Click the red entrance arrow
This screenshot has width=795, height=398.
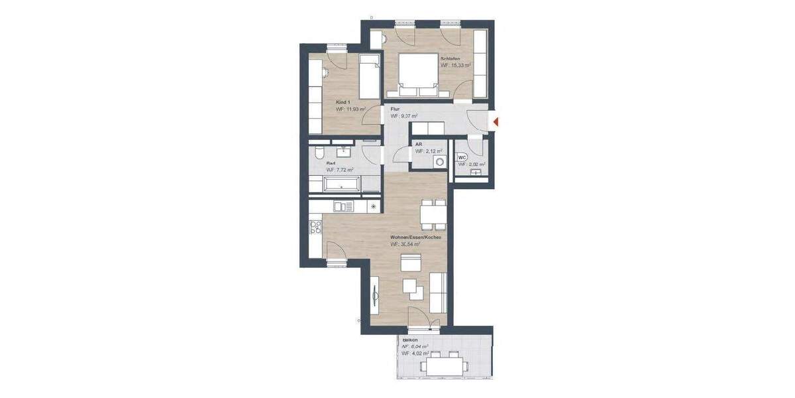click(x=495, y=121)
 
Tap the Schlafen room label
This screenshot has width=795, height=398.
click(x=452, y=59)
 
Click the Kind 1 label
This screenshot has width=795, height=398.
click(x=343, y=102)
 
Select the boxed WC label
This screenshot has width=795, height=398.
click(x=463, y=157)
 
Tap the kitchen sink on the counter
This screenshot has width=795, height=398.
click(x=344, y=207)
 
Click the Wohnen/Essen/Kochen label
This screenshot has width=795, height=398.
click(x=416, y=237)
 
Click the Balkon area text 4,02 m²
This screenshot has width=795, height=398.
click(x=415, y=354)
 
